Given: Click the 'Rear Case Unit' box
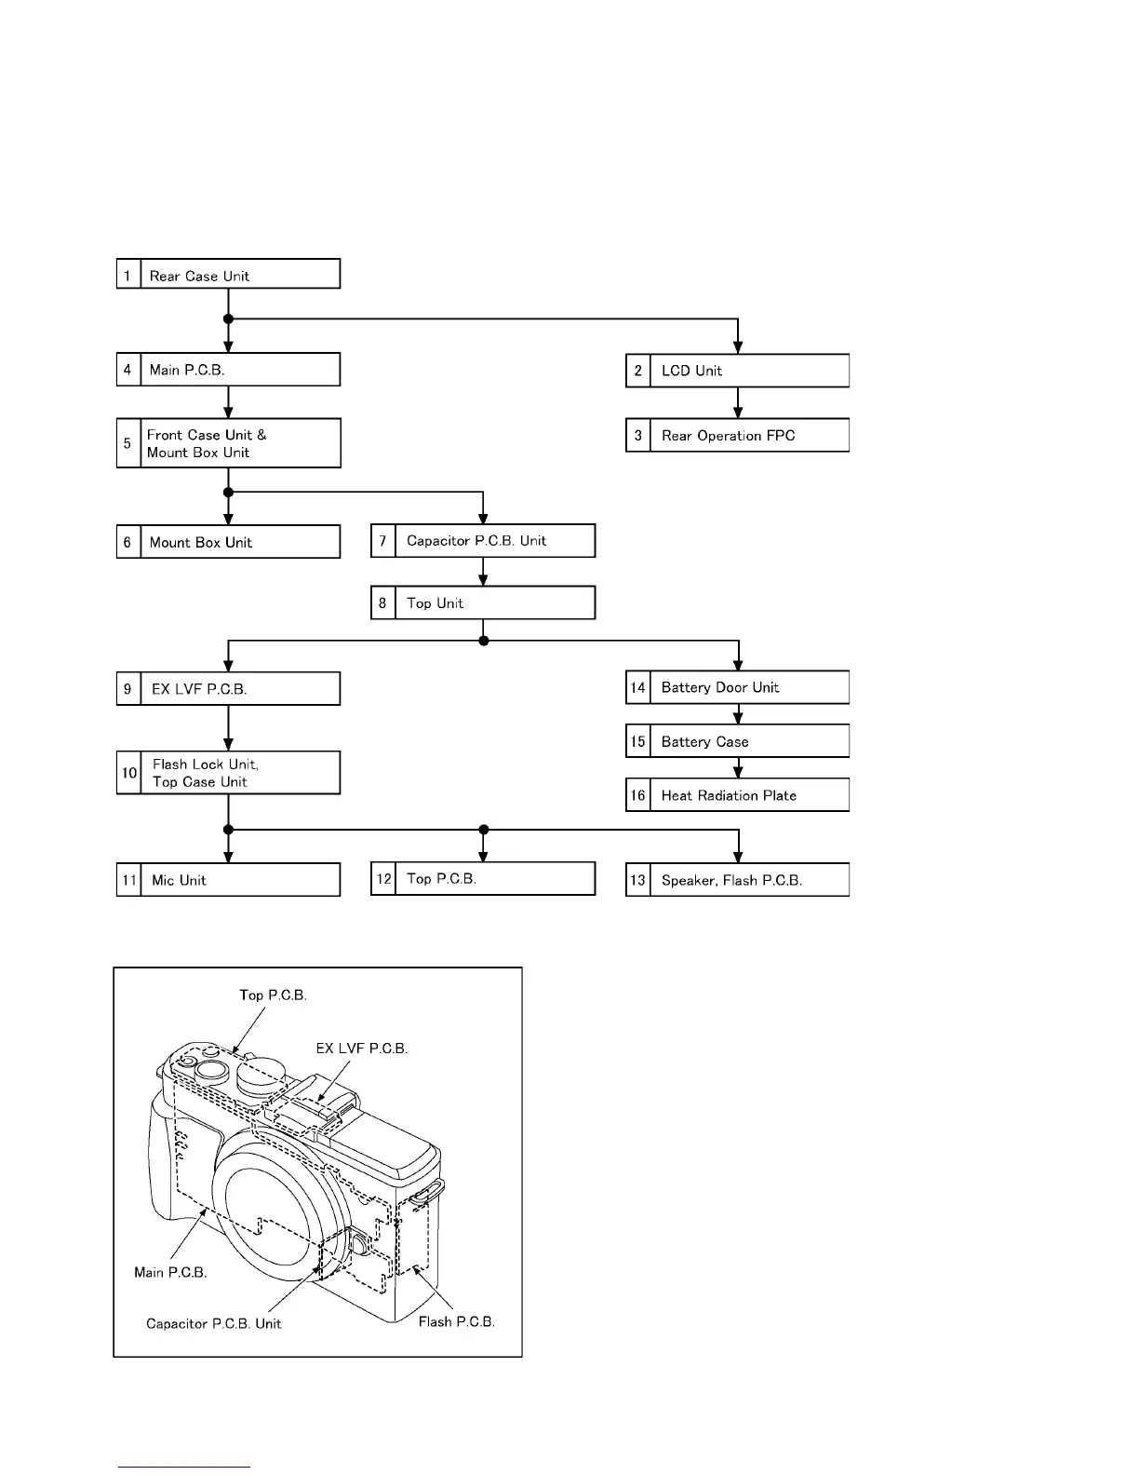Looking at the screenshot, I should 228,275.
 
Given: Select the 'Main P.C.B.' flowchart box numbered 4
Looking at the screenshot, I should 228,370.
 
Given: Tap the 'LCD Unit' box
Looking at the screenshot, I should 737,371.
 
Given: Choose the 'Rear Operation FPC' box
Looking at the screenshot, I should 737,436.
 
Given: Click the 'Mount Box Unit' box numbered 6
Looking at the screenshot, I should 228,542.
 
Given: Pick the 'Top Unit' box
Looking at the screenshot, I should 482,603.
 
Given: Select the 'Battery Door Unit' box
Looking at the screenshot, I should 737,688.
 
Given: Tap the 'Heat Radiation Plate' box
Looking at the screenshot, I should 737,795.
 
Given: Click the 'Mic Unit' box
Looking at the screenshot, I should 228,880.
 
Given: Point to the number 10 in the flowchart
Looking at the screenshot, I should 129,773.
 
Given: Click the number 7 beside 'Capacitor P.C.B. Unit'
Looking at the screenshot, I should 382,541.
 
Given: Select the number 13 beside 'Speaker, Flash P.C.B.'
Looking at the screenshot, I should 637,880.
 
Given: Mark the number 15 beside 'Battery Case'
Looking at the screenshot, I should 637,742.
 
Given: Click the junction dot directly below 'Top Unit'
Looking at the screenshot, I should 483,641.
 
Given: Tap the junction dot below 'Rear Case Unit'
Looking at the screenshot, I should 228,319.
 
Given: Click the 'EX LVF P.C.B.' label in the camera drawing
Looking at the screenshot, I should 362,1048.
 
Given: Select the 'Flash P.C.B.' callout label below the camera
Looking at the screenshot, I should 456,1321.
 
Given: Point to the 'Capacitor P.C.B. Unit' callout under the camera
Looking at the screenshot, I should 213,1323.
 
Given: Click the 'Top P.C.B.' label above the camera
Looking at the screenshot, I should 273,995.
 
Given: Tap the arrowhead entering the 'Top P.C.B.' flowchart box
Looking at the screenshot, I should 483,857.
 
